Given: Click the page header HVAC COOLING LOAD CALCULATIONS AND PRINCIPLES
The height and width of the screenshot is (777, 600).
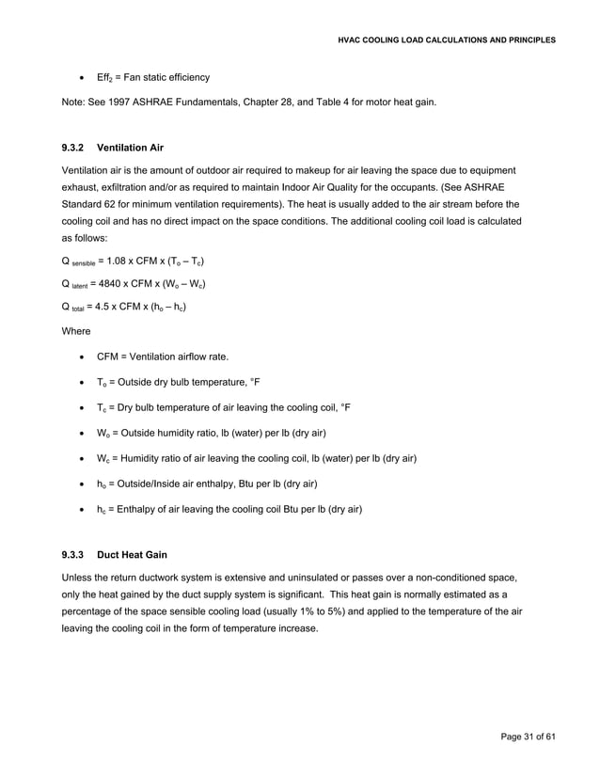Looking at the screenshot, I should coord(446,40).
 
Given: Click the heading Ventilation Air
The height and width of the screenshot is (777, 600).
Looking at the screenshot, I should coord(131,147).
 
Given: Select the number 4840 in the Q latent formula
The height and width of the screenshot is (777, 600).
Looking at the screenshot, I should coord(118,283).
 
